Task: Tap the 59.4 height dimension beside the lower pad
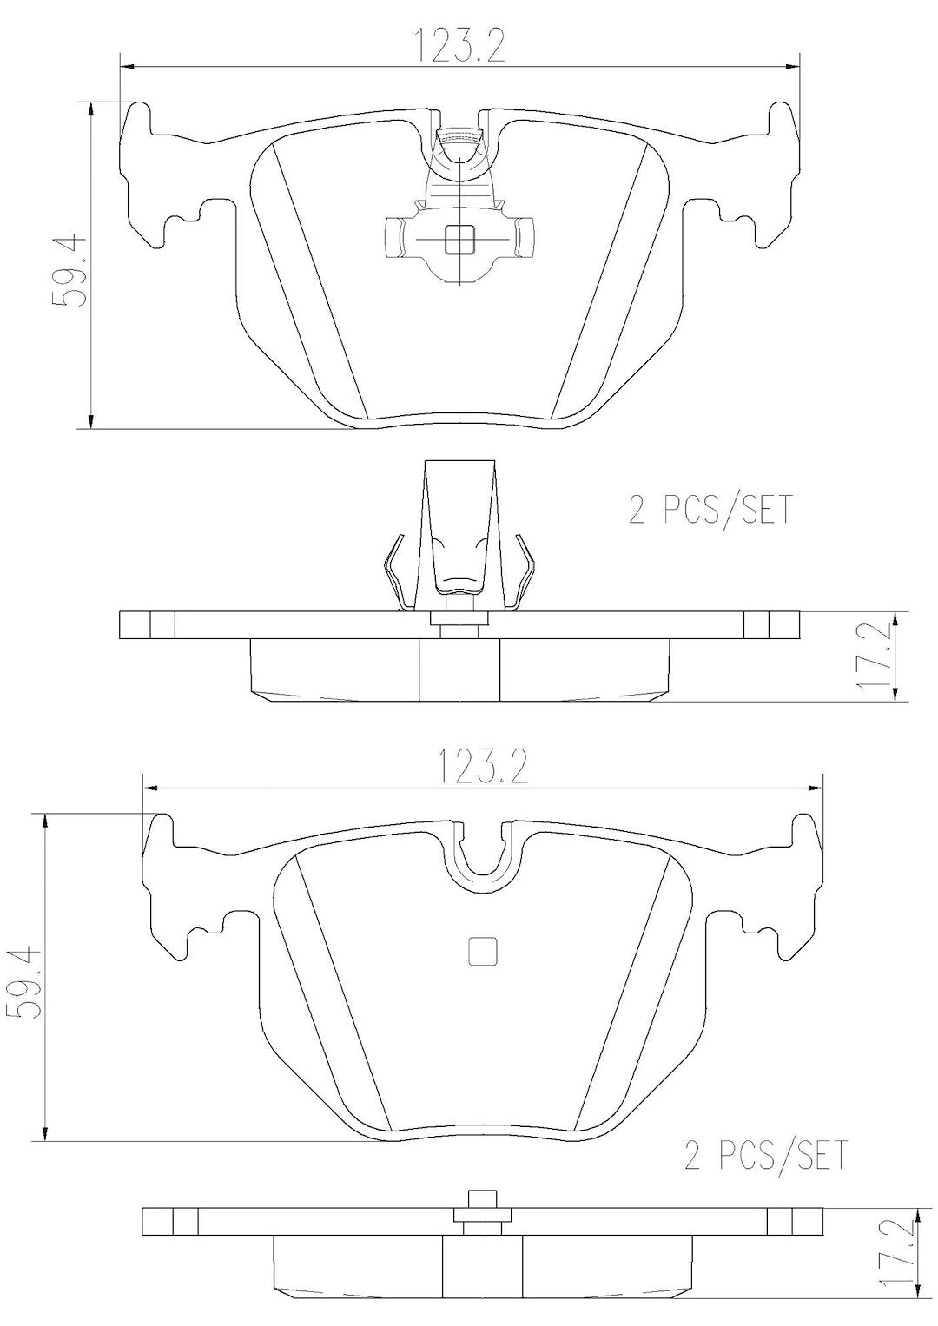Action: click(23, 983)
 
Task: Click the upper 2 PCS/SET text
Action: click(710, 510)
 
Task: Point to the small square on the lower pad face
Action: click(483, 951)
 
